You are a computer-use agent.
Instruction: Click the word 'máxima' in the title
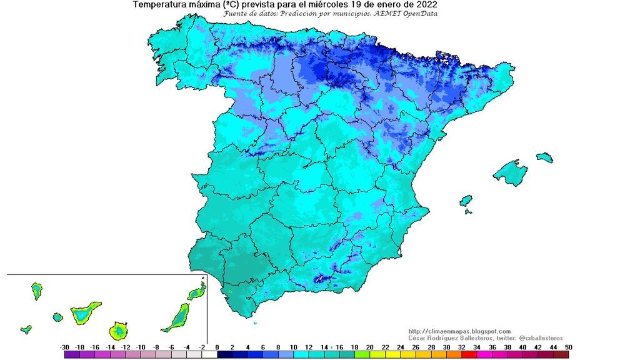[200, 4]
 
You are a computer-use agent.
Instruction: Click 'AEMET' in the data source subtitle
[381, 14]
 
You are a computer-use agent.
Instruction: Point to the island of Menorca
[544, 156]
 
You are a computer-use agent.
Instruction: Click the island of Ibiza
[466, 201]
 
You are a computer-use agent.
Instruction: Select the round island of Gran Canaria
[119, 329]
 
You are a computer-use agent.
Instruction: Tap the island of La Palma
[37, 291]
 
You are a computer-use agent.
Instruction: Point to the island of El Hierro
[26, 329]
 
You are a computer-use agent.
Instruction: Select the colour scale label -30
[64, 347]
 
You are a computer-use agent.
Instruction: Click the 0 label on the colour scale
[217, 347]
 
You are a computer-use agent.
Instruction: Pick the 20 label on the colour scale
[369, 347]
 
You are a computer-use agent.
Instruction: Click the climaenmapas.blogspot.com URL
[459, 331]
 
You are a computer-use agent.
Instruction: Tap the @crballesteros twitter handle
[537, 337]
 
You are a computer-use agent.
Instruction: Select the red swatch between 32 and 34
[469, 354]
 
